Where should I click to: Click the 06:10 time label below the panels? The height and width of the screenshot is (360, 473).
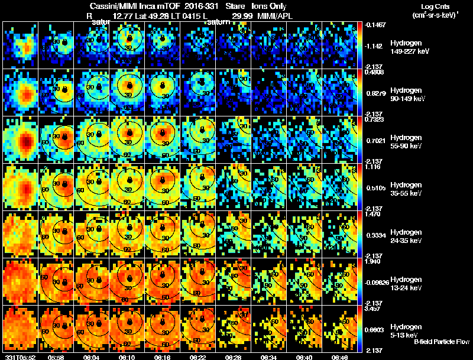[x=127, y=357]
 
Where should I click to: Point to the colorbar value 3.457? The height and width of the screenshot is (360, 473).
[x=374, y=309]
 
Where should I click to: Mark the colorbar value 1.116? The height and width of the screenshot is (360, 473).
[x=374, y=167]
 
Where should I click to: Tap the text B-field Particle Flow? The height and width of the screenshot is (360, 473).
[x=441, y=342]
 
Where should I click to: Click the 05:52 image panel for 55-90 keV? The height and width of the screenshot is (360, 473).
[x=21, y=140]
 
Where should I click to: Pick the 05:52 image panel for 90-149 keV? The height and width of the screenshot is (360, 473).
[x=21, y=92]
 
